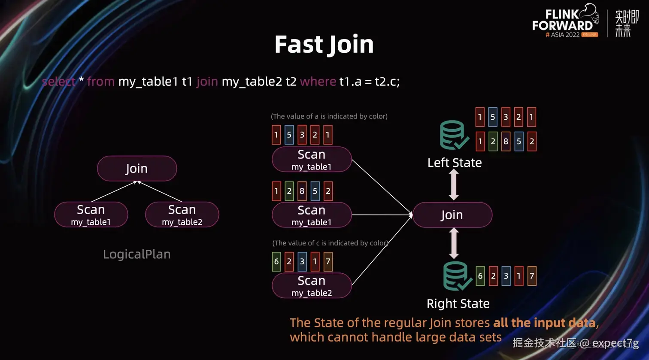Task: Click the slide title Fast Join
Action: pos(324,44)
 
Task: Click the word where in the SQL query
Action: pos(318,82)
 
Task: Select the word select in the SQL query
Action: pos(59,82)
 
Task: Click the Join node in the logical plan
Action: pos(137,169)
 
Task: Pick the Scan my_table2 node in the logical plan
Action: pos(182,215)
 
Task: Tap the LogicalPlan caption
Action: pos(137,254)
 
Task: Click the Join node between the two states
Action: pos(452,215)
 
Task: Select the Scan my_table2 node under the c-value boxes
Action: pos(312,286)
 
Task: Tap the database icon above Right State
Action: pos(457,276)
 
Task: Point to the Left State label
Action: pos(455,163)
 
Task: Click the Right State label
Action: pos(458,303)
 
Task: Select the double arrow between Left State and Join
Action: pos(454,185)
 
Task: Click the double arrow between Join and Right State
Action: pos(454,243)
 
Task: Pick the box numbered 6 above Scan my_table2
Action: pos(276,262)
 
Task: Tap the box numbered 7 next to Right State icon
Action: pos(532,276)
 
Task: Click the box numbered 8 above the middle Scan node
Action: pos(302,191)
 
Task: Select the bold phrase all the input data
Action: pos(544,323)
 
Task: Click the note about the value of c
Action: pos(331,243)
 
